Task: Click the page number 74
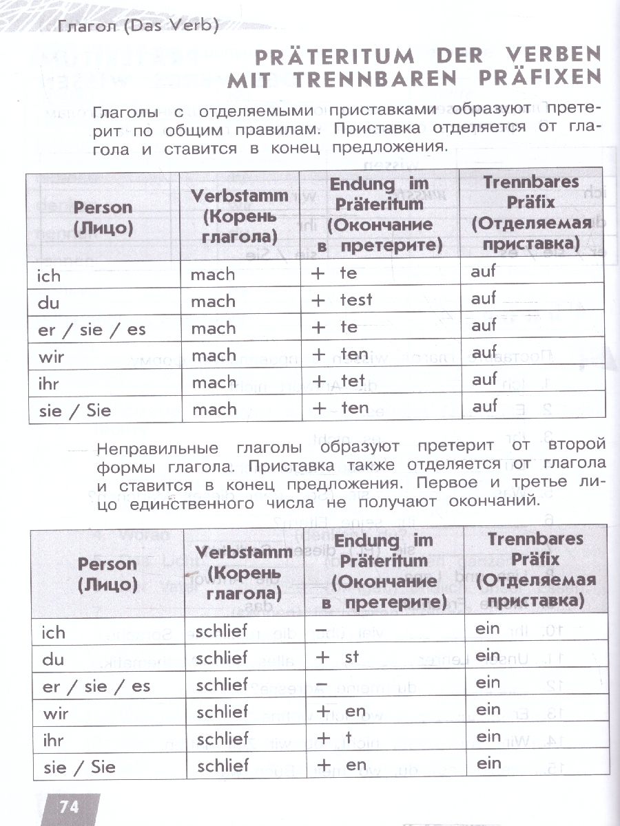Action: pos(69,807)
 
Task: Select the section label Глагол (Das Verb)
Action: pos(138,27)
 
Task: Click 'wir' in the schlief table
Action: pos(56,713)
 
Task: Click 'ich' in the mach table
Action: pos(49,276)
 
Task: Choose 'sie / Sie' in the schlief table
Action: pos(79,767)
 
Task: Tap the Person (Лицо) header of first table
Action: pos(103,217)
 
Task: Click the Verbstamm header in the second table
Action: pos(240,571)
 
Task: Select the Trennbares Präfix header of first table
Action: pos(530,213)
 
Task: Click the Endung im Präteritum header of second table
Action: pos(385,571)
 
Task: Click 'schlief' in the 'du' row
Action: pos(221,657)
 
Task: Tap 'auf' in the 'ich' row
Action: pos(484,272)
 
